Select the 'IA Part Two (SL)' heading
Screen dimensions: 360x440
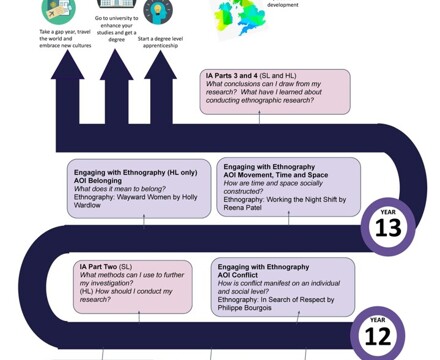[x=111, y=267]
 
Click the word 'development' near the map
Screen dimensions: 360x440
[x=283, y=5]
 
